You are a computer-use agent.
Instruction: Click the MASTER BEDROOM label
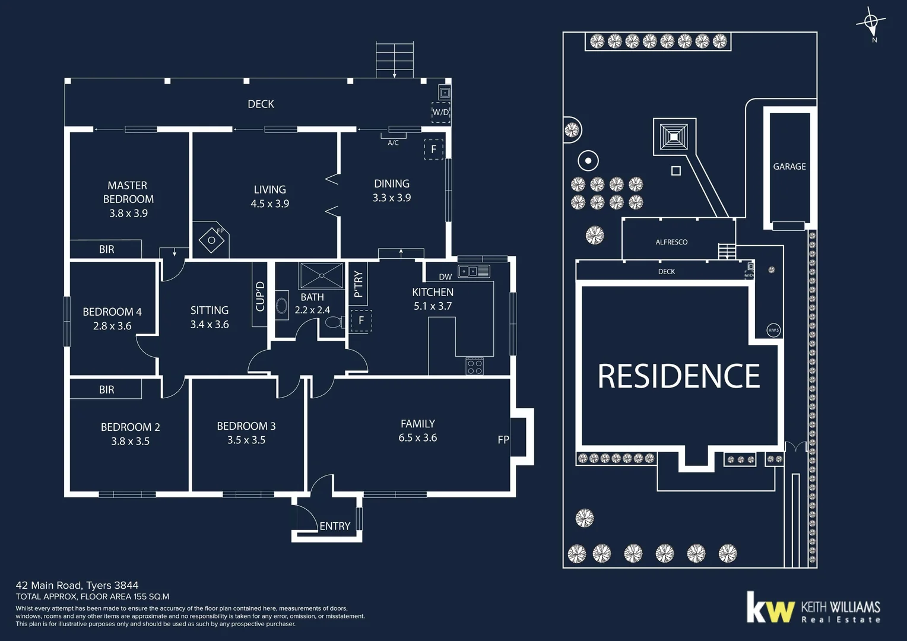(x=128, y=192)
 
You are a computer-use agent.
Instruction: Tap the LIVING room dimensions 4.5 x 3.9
(x=269, y=204)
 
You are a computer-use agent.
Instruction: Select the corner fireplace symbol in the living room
(x=211, y=240)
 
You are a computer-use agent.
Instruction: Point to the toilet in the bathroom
(x=333, y=322)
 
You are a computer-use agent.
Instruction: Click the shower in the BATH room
(x=322, y=275)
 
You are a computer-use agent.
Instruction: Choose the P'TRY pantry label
(x=358, y=284)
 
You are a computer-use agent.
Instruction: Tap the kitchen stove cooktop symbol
(x=474, y=366)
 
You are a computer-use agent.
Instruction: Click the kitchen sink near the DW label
(x=474, y=271)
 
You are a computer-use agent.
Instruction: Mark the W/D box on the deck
(x=440, y=112)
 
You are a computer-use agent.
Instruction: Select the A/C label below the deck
(x=393, y=142)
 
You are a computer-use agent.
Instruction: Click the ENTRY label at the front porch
(x=335, y=526)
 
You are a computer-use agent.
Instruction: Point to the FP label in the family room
(x=503, y=440)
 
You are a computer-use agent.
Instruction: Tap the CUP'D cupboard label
(x=260, y=296)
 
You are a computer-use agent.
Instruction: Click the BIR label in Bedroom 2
(x=107, y=389)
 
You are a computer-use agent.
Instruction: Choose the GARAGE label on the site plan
(x=789, y=167)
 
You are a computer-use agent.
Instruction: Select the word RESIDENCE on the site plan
(x=678, y=376)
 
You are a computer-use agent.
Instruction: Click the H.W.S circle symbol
(x=773, y=330)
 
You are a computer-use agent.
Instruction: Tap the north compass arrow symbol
(x=871, y=23)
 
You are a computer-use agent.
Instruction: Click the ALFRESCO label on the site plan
(x=671, y=242)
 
